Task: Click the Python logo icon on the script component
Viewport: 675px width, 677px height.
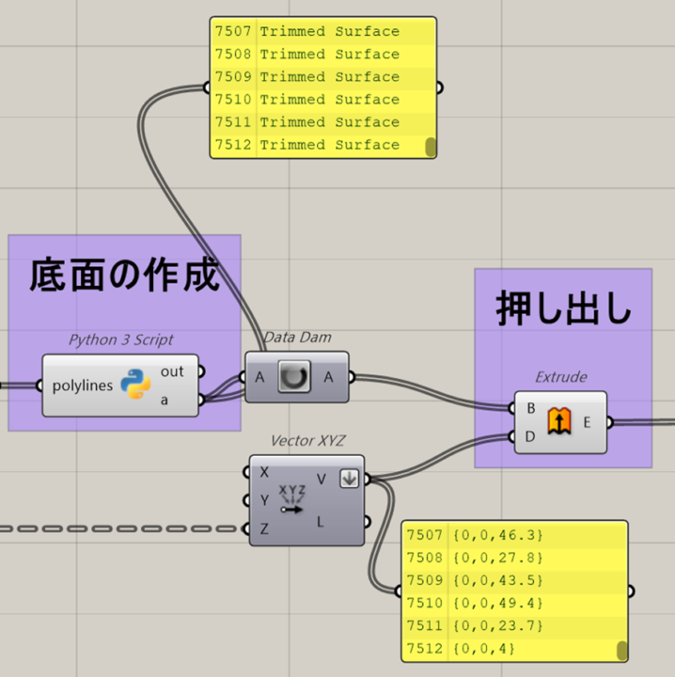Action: (136, 386)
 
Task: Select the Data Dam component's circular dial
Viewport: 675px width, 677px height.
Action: (296, 377)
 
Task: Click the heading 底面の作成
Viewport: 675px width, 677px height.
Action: (124, 276)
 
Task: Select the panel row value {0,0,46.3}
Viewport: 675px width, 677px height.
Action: (498, 535)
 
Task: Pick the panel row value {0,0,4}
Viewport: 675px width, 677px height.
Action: (484, 649)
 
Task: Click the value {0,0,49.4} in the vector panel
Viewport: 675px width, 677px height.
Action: (498, 603)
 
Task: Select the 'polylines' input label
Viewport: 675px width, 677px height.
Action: (81, 386)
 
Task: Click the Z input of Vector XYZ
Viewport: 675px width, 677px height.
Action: (264, 528)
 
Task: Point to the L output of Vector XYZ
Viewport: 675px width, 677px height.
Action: (322, 521)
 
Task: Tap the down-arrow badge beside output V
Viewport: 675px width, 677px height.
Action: (349, 479)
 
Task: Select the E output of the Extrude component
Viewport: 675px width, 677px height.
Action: (587, 422)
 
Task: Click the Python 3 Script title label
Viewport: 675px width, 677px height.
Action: (120, 339)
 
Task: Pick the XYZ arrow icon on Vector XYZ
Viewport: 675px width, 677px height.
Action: (292, 500)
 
